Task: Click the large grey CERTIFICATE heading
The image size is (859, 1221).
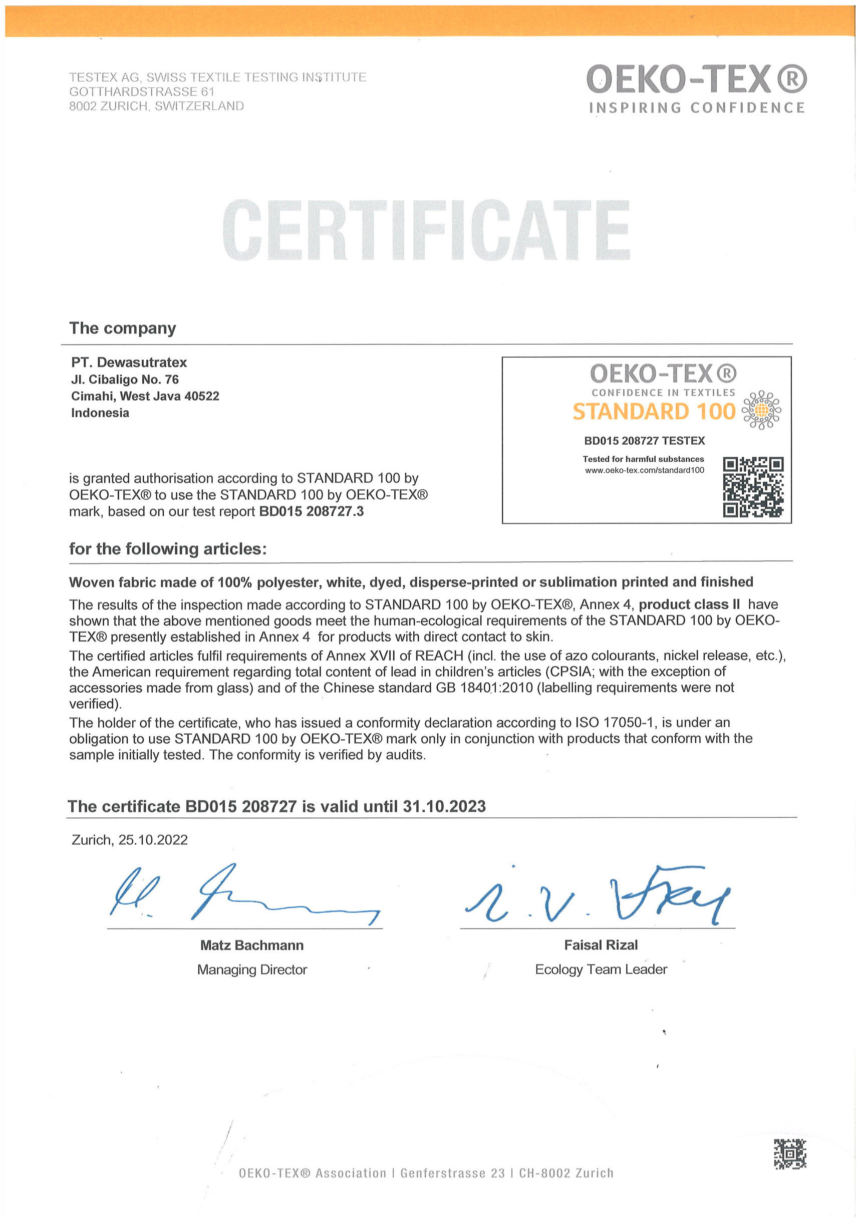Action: pos(426,230)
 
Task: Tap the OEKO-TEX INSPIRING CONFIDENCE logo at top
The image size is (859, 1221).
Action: pos(696,88)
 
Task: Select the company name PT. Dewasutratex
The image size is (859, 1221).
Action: pos(129,363)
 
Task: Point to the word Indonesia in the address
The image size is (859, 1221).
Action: pos(100,413)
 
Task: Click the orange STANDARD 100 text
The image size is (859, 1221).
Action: pos(654,412)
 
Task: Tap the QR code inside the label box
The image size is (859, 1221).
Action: pos(753,487)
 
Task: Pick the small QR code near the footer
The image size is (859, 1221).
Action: pos(789,1154)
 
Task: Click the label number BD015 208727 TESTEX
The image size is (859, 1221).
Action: pos(644,441)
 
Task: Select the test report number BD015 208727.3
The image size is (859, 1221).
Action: pos(311,511)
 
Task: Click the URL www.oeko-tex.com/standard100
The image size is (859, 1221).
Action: pos(644,470)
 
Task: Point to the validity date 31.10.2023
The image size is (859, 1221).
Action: pos(444,807)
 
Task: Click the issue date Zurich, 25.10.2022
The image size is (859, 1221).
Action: pos(129,840)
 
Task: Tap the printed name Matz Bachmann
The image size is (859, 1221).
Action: pos(251,945)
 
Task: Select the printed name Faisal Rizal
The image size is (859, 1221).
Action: pos(601,945)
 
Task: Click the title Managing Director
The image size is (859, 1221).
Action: pos(251,970)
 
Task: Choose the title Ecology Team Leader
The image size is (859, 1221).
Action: pos(601,970)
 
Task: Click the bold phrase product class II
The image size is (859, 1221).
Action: pos(689,604)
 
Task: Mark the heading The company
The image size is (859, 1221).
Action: pos(122,328)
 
